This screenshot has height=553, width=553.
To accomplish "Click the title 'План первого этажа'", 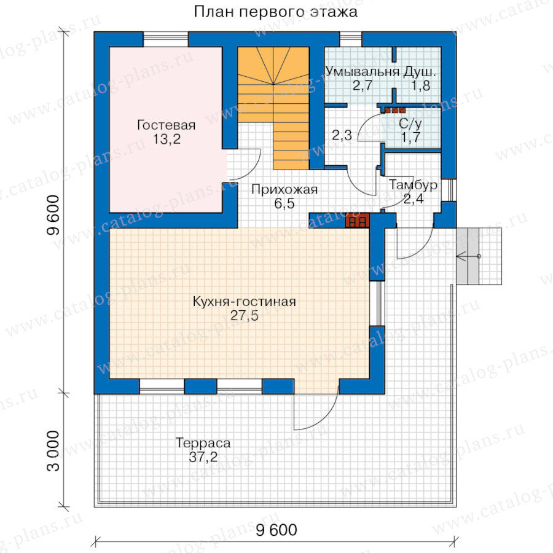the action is tap(275, 12).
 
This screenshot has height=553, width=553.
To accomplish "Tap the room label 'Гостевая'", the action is tap(166, 125).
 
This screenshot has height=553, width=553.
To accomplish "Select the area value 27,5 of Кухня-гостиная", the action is tap(244, 315).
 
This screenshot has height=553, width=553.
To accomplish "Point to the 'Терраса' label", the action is tap(203, 442).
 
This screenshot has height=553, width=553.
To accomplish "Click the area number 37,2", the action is tap(203, 457).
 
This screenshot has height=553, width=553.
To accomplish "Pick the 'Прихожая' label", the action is tap(284, 190).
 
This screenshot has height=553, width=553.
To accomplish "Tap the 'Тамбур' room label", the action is tap(413, 185).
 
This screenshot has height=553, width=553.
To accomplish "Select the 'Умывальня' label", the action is tap(362, 72).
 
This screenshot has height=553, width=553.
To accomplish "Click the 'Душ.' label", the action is tap(420, 72).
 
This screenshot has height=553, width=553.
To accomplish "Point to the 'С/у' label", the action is tap(410, 124).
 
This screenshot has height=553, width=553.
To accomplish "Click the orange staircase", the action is tap(273, 108).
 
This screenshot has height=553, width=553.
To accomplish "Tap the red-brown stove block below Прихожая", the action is tap(357, 221).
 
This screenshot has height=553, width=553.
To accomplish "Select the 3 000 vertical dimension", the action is tap(53, 450).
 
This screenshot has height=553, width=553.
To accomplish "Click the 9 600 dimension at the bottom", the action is tap(276, 530).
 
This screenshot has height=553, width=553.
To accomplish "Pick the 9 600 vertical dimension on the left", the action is tap(53, 215).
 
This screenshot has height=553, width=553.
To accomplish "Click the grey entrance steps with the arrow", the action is tap(479, 256).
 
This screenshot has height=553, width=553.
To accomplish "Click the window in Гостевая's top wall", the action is tap(166, 39).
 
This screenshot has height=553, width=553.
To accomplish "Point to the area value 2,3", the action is tap(342, 135).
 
